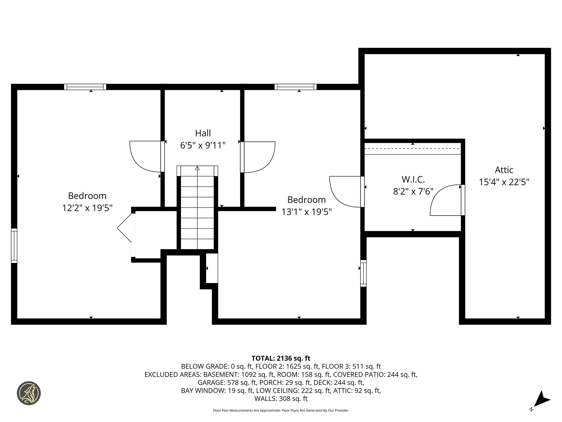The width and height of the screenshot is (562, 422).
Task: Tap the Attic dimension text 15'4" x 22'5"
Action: click(x=504, y=182)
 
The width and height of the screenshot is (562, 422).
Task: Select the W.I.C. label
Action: click(x=413, y=179)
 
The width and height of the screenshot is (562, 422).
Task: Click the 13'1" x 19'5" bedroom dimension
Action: click(x=306, y=212)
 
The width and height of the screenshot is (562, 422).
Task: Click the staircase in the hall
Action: click(x=197, y=208)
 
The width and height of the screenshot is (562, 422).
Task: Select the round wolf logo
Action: click(x=29, y=393)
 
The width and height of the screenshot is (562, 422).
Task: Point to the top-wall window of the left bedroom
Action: click(x=85, y=87)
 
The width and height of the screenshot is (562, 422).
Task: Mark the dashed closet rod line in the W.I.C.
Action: click(x=413, y=149)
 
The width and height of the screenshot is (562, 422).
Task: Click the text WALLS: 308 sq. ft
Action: click(x=281, y=399)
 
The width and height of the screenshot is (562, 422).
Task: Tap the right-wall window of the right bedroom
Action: click(x=364, y=273)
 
